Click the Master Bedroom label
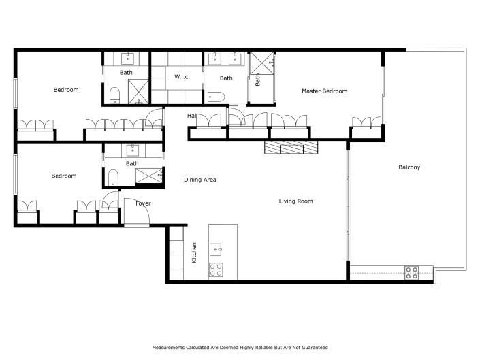tap(325, 91)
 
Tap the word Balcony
tap(409, 167)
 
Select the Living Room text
tap(295, 201)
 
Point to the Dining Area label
tap(200, 180)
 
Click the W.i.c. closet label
tap(182, 76)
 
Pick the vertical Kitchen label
tap(194, 252)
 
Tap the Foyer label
tap(143, 203)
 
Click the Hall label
tap(193, 116)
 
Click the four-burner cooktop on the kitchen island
tap(217, 269)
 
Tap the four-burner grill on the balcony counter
tap(412, 272)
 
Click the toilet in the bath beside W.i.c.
tap(215, 96)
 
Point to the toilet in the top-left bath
tap(114, 95)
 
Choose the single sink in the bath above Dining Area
tap(132, 150)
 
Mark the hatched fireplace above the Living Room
tap(291, 148)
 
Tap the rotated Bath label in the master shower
tap(257, 80)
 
